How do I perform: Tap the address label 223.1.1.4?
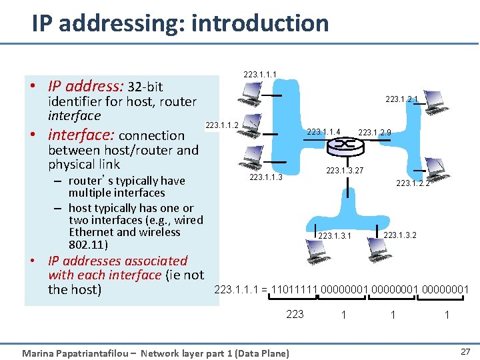(x=325, y=131)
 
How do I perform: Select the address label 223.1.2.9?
(x=374, y=132)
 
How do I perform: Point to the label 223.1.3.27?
(x=344, y=171)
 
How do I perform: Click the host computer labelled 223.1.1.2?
(x=248, y=137)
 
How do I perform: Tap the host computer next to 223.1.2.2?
(x=434, y=167)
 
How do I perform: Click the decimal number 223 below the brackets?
(x=295, y=314)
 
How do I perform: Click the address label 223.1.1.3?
(x=265, y=177)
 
